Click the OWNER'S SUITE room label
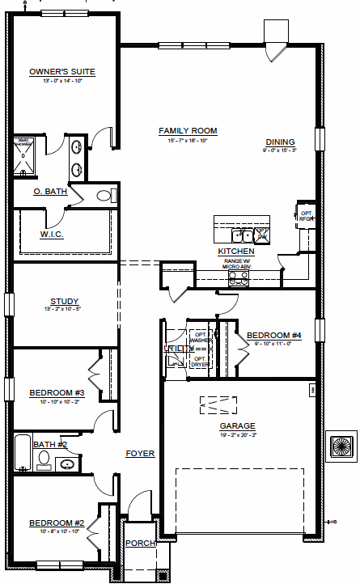tap(62, 72)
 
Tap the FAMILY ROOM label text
tap(188, 131)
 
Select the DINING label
tap(281, 142)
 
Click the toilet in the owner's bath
tap(105, 195)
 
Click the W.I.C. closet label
tap(52, 235)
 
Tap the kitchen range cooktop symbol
tap(239, 278)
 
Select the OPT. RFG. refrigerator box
tap(306, 215)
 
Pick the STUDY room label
tap(63, 300)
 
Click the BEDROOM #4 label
tap(273, 335)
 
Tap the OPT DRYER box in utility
tap(200, 361)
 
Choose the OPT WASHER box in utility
tap(200, 337)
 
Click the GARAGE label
tap(237, 425)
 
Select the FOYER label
tap(139, 454)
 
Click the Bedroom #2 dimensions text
tap(57, 531)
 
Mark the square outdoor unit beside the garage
tap(340, 446)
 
